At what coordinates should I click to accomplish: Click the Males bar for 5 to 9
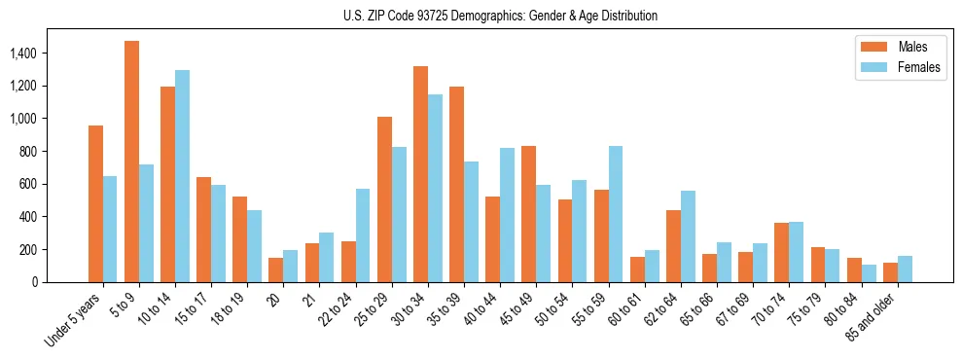pyautogui.click(x=131, y=162)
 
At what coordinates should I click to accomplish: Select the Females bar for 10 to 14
pyautogui.click(x=182, y=176)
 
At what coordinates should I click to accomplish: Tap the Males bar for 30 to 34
pyautogui.click(x=420, y=174)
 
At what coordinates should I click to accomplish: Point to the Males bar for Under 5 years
pyautogui.click(x=95, y=204)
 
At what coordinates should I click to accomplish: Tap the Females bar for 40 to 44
pyautogui.click(x=507, y=215)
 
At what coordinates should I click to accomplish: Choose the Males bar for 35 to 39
pyautogui.click(x=456, y=184)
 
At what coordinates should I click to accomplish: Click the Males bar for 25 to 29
pyautogui.click(x=384, y=199)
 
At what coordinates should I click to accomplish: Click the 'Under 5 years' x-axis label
pyautogui.click(x=74, y=320)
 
